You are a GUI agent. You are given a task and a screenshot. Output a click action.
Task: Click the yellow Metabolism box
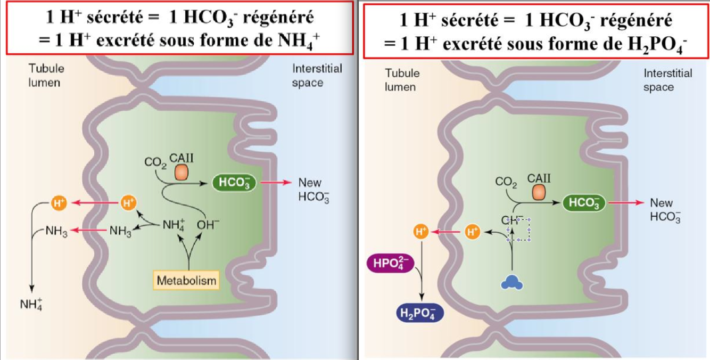(187, 280)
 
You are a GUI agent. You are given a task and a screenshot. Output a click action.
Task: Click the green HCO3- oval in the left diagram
(234, 183)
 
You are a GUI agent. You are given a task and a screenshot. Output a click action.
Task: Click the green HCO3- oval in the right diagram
(584, 202)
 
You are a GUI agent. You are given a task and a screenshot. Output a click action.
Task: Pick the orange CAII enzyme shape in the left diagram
(182, 172)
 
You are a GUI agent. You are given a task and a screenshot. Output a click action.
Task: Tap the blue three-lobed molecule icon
(511, 282)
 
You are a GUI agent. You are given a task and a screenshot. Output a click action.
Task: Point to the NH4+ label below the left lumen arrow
(31, 304)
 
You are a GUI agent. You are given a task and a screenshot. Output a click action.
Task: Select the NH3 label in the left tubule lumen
(56, 232)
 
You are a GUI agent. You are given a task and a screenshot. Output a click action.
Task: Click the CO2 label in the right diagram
(506, 182)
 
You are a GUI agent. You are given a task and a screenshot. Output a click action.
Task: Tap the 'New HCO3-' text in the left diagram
(310, 189)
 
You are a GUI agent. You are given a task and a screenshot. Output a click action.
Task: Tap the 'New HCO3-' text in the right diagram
(663, 209)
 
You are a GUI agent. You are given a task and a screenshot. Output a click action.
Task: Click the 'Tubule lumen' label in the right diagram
(402, 79)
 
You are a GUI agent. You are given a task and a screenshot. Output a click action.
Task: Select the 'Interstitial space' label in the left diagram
(316, 75)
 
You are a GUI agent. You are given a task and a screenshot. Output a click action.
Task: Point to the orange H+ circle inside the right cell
(472, 232)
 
